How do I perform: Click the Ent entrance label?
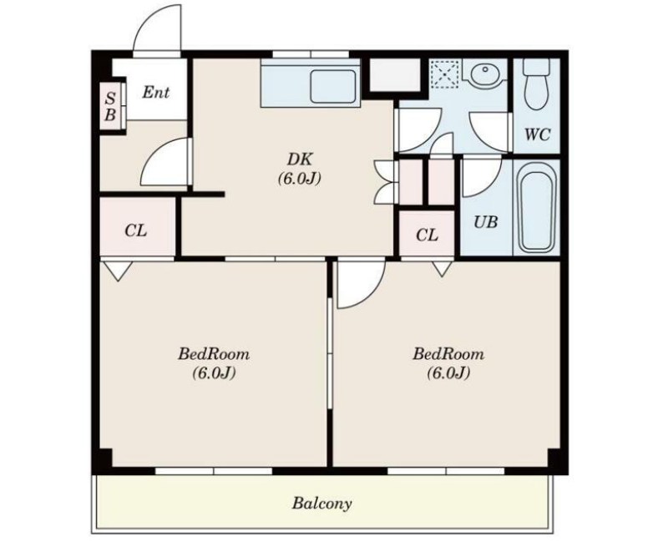pos(156,92)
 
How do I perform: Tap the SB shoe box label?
pos(110,107)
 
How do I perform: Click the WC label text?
pos(537,134)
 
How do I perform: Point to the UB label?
pos(486,222)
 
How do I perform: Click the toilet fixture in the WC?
pos(536,84)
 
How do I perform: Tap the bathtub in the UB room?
pos(537,207)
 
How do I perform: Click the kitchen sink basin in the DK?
pos(332,86)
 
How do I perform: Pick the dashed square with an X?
pos(445,74)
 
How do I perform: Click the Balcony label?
pos(322,503)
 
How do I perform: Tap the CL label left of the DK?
pos(135,230)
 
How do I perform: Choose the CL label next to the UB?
pos(427,235)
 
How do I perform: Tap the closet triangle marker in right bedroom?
pos(442,268)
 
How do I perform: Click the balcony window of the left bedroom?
pos(214,471)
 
